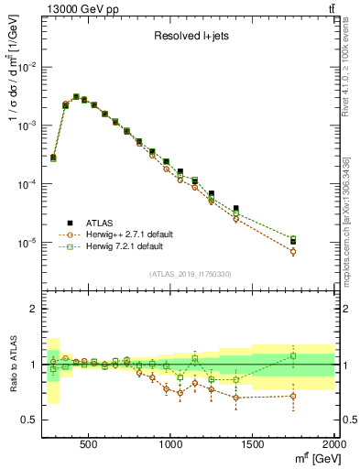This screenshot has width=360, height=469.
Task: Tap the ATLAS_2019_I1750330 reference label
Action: tap(190, 274)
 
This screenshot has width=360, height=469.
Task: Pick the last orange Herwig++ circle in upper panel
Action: tap(293, 251)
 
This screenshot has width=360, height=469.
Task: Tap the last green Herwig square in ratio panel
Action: tap(293, 355)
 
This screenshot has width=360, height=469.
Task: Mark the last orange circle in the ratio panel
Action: tap(293, 396)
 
